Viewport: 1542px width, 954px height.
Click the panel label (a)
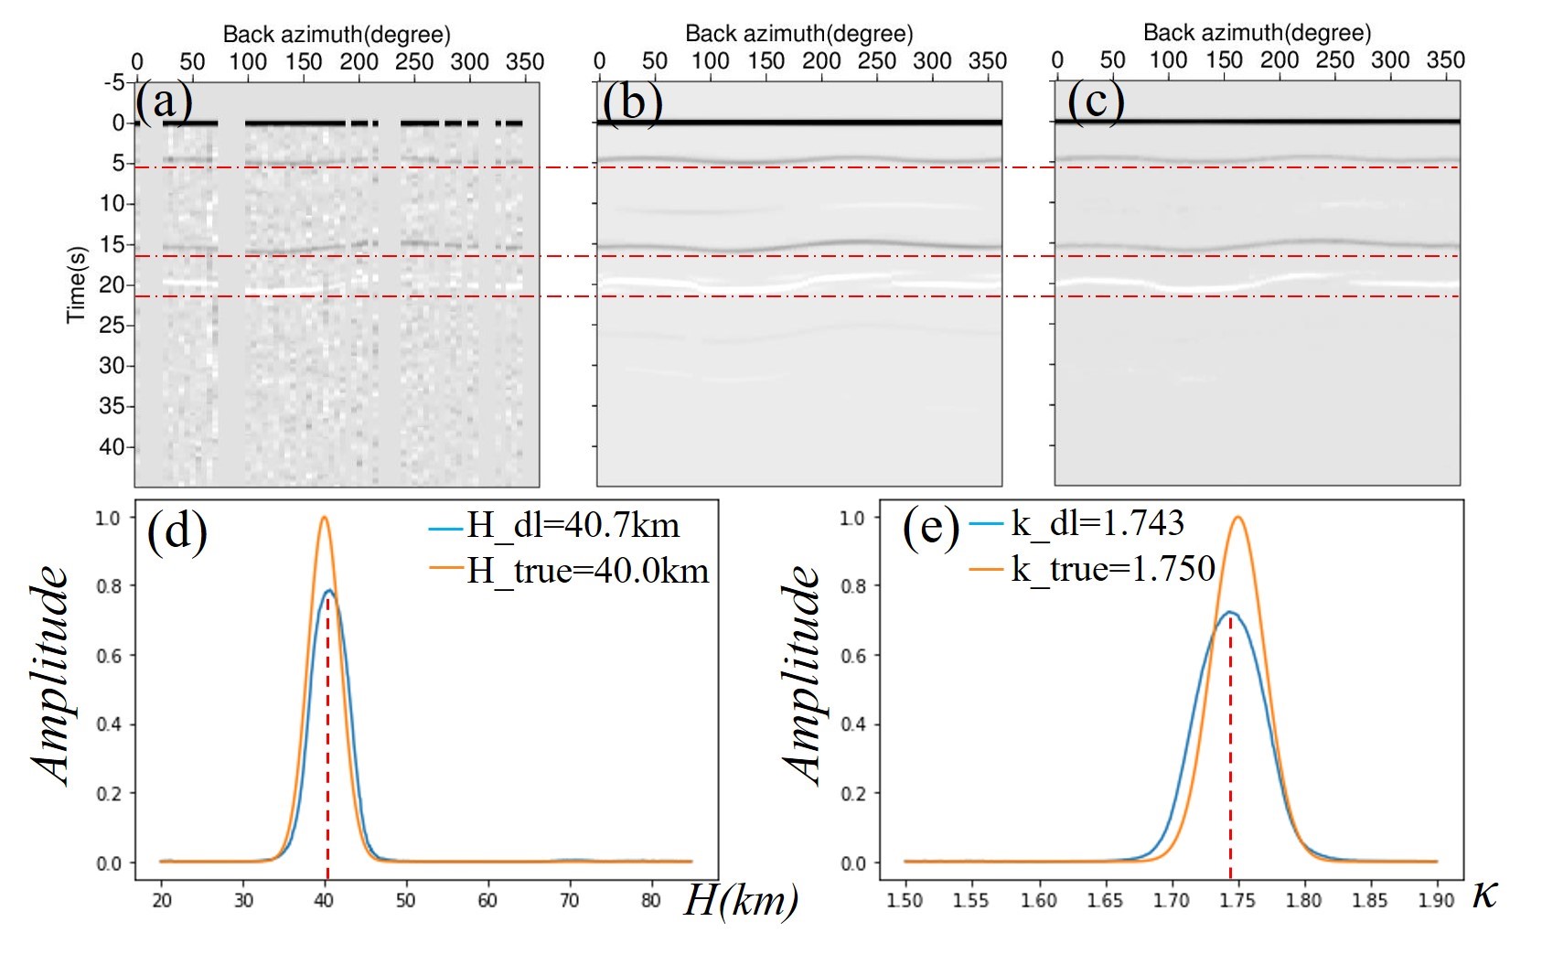pos(165,101)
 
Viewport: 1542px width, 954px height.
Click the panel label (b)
pos(631,101)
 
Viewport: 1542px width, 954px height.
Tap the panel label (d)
pos(177,530)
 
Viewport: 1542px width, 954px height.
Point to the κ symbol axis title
pos(1485,894)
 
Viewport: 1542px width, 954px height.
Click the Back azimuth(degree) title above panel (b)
pos(798,34)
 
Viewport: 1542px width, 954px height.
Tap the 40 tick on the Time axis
pos(112,446)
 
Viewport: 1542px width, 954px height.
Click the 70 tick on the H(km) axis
pos(569,900)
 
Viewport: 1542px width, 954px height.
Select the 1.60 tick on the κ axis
pos(1038,900)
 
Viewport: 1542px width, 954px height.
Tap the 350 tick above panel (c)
pos(1445,60)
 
